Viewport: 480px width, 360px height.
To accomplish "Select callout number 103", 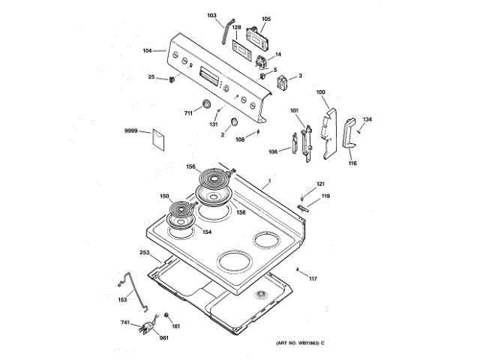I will pyautogui.click(x=211, y=15).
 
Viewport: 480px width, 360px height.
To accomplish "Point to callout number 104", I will pyautogui.click(x=148, y=51).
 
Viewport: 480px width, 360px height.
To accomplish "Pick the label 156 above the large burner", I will pyautogui.click(x=190, y=166).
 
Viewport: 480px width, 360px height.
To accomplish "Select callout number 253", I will pyautogui.click(x=145, y=253).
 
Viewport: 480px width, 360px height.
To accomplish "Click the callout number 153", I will pyautogui.click(x=122, y=300).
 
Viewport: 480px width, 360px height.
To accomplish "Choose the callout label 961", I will pyautogui.click(x=163, y=337).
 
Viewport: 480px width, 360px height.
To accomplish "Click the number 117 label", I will pyautogui.click(x=313, y=279).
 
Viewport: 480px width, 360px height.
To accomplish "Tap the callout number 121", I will pyautogui.click(x=320, y=184).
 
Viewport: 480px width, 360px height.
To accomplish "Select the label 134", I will pyautogui.click(x=367, y=119).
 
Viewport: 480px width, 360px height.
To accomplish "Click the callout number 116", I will pyautogui.click(x=352, y=162).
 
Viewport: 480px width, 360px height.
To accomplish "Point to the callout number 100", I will pyautogui.click(x=321, y=92).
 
